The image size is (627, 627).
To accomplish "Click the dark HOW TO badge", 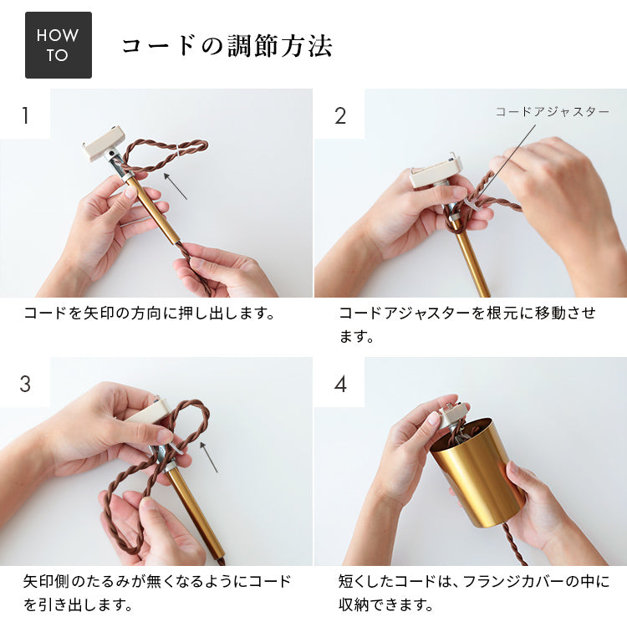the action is click(59, 45).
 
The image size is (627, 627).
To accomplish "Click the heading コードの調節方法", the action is click(227, 46).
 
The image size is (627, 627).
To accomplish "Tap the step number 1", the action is click(26, 115).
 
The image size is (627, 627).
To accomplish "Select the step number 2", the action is click(340, 115).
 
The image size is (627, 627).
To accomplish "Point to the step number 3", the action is click(25, 384).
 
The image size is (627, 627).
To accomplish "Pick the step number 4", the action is click(340, 384).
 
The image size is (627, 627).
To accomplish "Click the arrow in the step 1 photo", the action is click(176, 186).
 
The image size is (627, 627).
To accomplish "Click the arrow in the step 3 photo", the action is click(209, 457).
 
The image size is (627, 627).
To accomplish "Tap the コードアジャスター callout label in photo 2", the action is click(553, 111).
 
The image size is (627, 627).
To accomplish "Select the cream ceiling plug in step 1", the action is click(103, 143).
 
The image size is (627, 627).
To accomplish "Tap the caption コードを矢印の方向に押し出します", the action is click(150, 313).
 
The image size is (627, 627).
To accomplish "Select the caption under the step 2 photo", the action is click(467, 324).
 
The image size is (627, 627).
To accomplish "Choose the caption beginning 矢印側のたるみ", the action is click(156, 593).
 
